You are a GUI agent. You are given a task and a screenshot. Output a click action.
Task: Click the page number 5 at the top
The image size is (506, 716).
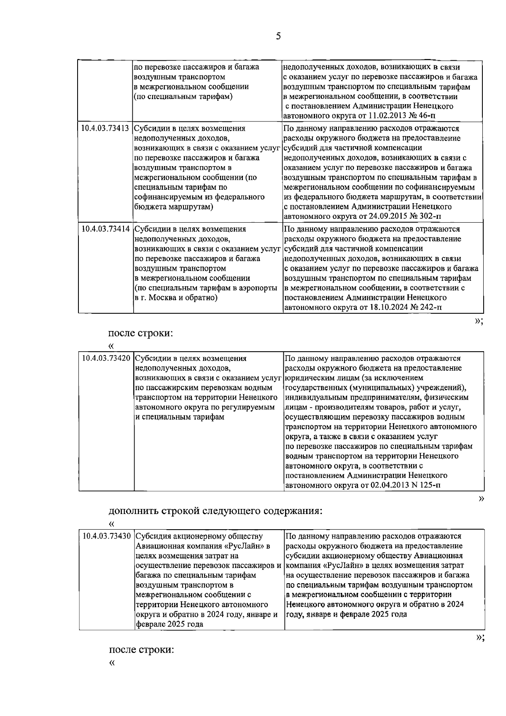click(278, 36)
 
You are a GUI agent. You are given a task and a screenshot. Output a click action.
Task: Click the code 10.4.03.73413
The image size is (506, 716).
click(105, 128)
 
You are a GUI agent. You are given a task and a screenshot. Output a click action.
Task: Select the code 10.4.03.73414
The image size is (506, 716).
click(105, 229)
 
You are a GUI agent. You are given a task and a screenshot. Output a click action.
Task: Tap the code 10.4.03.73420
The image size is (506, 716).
click(106, 358)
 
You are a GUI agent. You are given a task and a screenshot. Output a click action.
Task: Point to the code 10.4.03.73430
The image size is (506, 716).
click(107, 536)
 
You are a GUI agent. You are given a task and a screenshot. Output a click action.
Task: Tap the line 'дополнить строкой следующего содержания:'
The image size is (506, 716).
click(215, 511)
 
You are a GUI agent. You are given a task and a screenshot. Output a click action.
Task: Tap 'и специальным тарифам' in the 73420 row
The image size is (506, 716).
click(180, 417)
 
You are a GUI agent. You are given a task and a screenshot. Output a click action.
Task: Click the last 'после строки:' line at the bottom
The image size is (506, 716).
click(141, 650)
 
